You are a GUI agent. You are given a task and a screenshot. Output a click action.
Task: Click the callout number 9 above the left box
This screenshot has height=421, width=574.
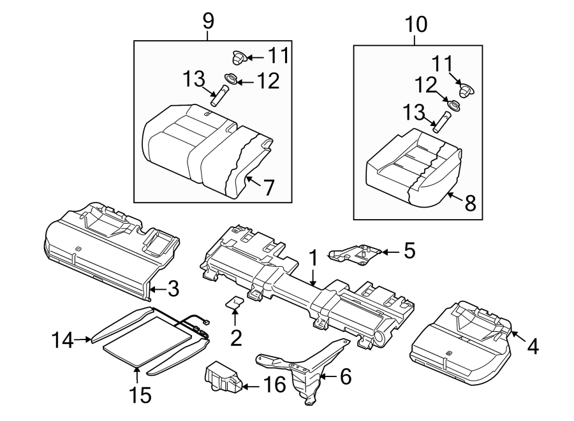click(x=208, y=21)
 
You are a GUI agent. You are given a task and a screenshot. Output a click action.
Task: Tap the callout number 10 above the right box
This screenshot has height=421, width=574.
click(x=416, y=25)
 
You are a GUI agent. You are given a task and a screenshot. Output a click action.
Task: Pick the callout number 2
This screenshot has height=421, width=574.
click(x=236, y=338)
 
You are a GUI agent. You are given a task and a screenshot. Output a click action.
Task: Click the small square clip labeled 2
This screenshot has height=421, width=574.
click(x=235, y=303)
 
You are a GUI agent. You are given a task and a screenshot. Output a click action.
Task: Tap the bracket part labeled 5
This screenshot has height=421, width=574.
click(x=354, y=253)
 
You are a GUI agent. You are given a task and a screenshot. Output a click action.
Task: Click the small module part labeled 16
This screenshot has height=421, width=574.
click(x=222, y=377)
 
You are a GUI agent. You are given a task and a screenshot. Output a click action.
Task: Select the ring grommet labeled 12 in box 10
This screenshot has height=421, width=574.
click(x=454, y=105)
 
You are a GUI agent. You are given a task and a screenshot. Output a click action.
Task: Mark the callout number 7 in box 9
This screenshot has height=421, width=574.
click(x=269, y=188)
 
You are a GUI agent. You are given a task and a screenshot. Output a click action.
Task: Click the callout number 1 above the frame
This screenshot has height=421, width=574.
click(x=313, y=258)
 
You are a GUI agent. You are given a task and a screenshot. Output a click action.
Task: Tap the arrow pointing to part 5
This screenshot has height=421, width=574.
click(x=390, y=252)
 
